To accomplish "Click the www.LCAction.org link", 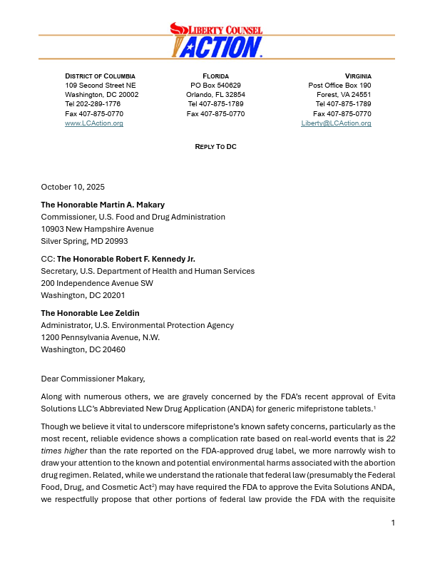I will coord(94,123).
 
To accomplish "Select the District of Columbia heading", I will coord(100,76).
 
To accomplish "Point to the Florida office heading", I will coord(215,76).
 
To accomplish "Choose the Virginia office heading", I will coord(358,76).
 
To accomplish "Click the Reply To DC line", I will coord(215,146).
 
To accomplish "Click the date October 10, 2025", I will coord(73,187).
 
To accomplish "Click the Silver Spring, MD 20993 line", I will coord(84,241).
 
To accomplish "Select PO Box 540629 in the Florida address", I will coord(215,85).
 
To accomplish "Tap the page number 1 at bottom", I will coord(393,543).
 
